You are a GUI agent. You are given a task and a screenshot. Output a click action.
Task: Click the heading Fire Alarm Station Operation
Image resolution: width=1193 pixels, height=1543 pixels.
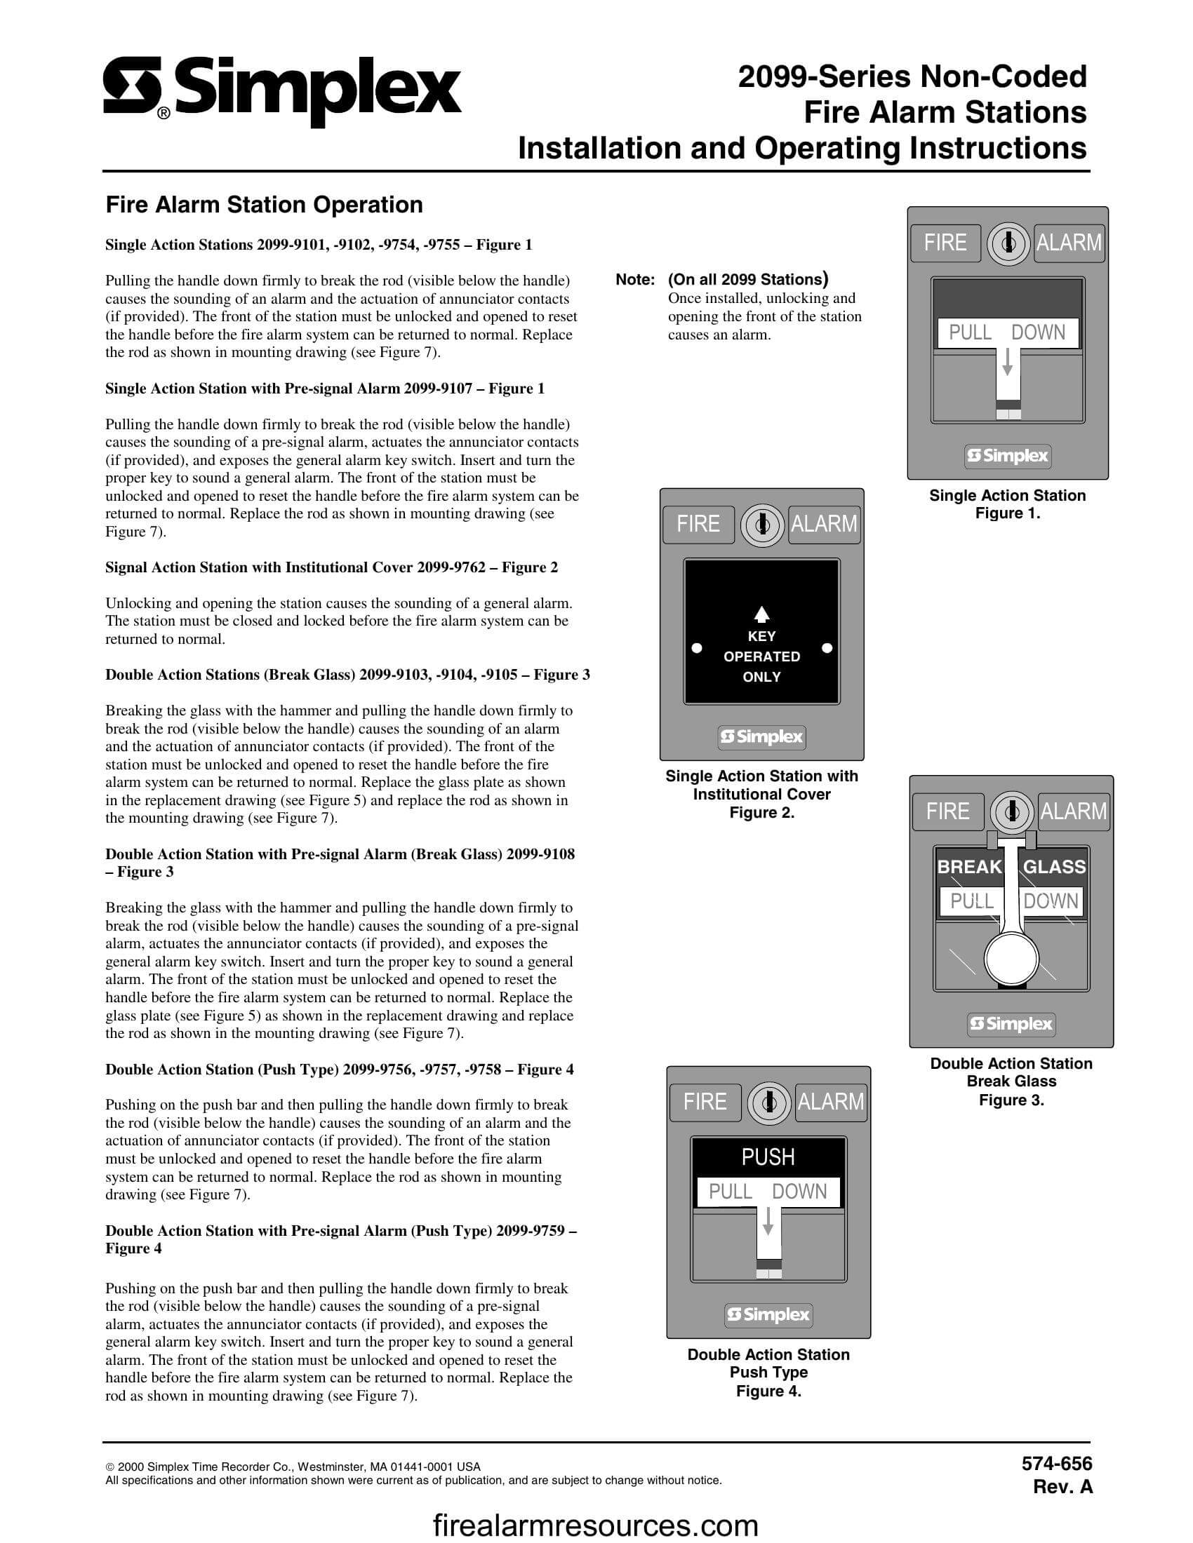pyautogui.click(x=264, y=205)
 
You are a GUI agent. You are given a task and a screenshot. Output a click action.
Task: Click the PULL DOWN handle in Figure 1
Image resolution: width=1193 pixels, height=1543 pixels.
pyautogui.click(x=1007, y=332)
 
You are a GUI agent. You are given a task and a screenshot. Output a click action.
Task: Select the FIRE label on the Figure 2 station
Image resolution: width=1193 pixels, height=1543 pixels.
pyautogui.click(x=698, y=524)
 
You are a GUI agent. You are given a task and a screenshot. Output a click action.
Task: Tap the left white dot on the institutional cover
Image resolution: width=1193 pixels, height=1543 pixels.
pyautogui.click(x=696, y=647)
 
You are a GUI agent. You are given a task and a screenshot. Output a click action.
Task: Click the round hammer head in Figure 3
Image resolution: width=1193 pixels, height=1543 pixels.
pyautogui.click(x=1011, y=959)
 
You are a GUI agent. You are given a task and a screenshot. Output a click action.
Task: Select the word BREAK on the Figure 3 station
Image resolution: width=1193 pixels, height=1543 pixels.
pyautogui.click(x=969, y=867)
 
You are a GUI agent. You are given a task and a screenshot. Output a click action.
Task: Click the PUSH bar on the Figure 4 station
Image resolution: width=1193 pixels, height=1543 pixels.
pyautogui.click(x=768, y=1157)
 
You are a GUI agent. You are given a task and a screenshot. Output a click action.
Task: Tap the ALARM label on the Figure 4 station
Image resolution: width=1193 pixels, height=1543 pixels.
pyautogui.click(x=830, y=1102)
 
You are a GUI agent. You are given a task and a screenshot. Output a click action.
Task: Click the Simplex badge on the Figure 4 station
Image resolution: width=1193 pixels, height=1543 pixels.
pyautogui.click(x=769, y=1315)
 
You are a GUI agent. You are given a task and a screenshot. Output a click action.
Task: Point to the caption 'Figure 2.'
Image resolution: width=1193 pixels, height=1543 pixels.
pyautogui.click(x=762, y=812)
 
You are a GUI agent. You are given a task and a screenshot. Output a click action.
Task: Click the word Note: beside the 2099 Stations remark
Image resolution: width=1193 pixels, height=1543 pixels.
pyautogui.click(x=635, y=280)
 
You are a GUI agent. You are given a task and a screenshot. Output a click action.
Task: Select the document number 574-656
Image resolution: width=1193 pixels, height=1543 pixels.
pyautogui.click(x=1057, y=1464)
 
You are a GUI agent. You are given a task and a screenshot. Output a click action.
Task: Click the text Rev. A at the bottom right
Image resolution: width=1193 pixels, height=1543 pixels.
pyautogui.click(x=1062, y=1487)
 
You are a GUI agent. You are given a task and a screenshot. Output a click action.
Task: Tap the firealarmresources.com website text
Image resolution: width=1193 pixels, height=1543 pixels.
pyautogui.click(x=595, y=1526)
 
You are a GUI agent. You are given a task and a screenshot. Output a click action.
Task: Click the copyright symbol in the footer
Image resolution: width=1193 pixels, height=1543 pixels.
pyautogui.click(x=109, y=1467)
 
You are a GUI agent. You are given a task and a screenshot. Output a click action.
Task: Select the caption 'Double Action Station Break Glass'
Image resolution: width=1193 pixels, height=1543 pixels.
pyautogui.click(x=1011, y=1072)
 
